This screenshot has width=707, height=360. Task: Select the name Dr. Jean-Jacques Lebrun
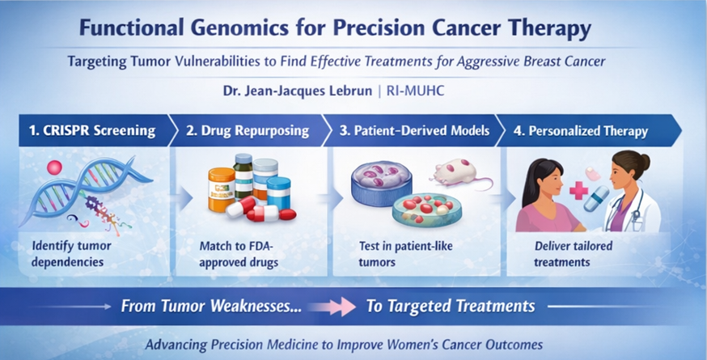tap(297, 91)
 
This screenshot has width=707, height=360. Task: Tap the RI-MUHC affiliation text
tap(415, 91)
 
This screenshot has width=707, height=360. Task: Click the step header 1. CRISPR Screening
tap(92, 131)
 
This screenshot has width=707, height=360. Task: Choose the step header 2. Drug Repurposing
tap(247, 131)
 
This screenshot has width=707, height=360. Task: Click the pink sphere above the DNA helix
tap(54, 167)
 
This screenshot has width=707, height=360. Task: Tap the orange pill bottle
tap(221, 189)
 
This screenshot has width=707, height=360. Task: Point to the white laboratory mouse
tap(460, 173)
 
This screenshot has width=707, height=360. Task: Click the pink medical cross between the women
tap(578, 190)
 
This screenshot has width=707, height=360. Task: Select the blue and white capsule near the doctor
tap(596, 199)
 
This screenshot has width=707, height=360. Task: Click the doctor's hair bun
tap(645, 161)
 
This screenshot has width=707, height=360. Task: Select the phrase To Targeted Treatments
tap(451, 307)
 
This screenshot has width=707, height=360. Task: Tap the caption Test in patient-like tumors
tap(405, 254)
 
